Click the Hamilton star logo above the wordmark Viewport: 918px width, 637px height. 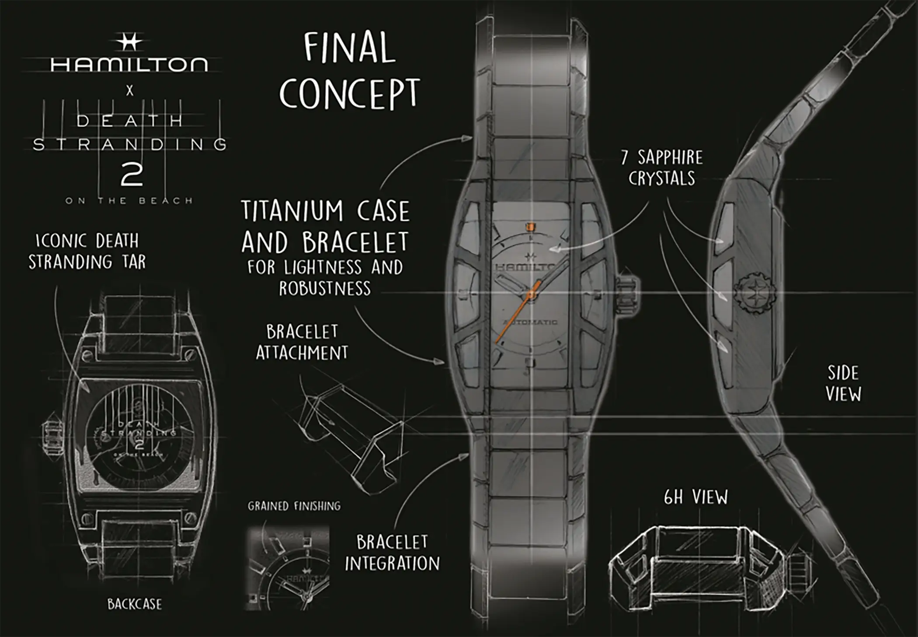(129, 42)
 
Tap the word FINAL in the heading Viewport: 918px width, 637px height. (349, 47)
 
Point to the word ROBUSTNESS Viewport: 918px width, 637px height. (325, 289)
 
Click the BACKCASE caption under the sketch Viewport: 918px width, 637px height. (135, 604)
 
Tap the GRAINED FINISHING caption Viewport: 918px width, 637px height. (294, 506)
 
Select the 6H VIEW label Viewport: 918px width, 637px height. (696, 498)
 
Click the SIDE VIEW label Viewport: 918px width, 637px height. (843, 383)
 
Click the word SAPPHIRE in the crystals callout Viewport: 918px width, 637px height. (670, 157)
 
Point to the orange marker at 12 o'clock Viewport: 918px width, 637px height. (530, 227)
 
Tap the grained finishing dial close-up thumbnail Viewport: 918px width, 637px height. (288, 568)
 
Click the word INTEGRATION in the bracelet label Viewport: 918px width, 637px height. (392, 564)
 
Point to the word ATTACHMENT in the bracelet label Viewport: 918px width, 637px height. (302, 353)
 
